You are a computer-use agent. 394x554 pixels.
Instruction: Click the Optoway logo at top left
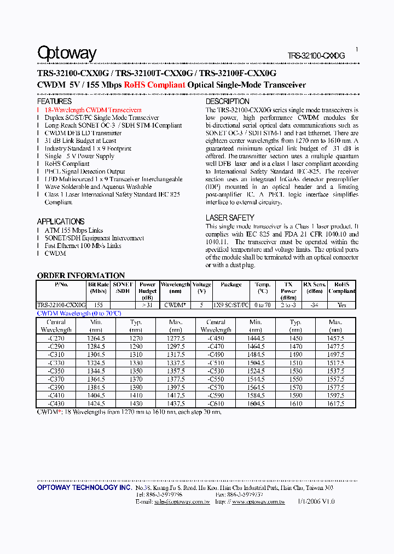[67, 53]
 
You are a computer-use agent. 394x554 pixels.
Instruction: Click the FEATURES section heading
[54, 101]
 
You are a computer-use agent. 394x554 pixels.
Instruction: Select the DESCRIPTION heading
[227, 101]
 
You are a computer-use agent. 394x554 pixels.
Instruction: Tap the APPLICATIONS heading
[61, 221]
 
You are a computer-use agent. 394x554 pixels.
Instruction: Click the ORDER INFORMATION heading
[81, 275]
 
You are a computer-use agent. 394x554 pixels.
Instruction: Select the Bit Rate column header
[99, 288]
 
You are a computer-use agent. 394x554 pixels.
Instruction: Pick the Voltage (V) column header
[202, 288]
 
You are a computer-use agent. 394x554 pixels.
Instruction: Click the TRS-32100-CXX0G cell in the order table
[61, 305]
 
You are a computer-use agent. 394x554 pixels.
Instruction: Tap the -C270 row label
[56, 339]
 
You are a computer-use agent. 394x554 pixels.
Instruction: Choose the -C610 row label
[216, 404]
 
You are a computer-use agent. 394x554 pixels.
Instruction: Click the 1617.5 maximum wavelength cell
[335, 404]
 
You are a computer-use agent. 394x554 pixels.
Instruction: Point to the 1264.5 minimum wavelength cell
[96, 339]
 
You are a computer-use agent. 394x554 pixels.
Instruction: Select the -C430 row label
[56, 404]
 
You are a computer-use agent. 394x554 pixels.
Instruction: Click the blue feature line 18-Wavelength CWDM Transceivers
[93, 110]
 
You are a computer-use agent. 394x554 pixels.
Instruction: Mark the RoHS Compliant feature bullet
[67, 164]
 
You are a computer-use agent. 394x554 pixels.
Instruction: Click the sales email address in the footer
[182, 501]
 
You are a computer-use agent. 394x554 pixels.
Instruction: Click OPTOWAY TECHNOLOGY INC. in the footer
[84, 487]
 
